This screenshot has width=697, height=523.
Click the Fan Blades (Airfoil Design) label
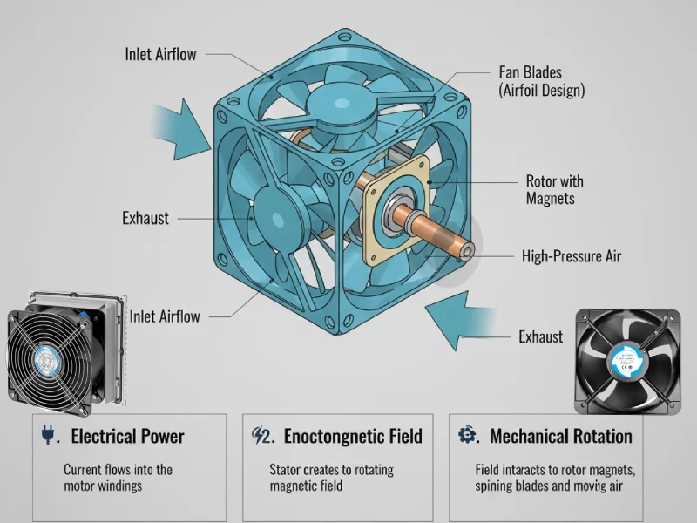pos(541,80)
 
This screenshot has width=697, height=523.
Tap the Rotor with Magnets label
pos(555,190)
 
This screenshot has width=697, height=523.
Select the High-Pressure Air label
pos(572,256)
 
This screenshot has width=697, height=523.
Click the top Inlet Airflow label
pos(161,54)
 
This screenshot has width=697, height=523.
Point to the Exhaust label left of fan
pos(145,218)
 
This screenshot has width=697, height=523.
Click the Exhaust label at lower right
pos(540,336)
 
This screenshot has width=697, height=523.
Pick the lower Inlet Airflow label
pos(165,316)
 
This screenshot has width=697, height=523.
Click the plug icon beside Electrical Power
pos(47,435)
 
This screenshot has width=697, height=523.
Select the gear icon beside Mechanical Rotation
pos(466,435)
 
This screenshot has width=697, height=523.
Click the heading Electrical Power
pos(127,436)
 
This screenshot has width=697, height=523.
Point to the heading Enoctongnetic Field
pos(353,436)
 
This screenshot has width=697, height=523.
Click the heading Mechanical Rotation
pos(561,436)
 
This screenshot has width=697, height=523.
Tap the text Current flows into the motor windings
pos(118,478)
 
